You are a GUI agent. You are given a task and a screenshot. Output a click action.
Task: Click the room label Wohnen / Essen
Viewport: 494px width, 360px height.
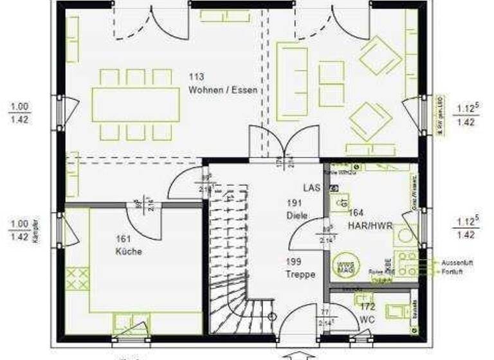223,91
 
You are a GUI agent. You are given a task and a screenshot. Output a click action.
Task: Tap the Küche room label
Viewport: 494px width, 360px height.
129,251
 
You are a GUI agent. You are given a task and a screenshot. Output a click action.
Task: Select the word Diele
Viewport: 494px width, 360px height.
297,215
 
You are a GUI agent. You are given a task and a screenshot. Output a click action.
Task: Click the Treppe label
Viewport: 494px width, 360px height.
300,274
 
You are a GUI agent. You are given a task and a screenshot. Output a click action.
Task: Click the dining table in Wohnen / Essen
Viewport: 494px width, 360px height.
136,104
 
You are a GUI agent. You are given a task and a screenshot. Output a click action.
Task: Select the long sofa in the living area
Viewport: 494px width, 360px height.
291,81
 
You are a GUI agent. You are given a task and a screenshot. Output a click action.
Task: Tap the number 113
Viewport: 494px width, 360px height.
196,77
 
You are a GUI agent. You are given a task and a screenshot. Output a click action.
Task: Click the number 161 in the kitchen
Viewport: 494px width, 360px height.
123,239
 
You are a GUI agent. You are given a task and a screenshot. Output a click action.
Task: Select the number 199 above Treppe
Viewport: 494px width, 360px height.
294,262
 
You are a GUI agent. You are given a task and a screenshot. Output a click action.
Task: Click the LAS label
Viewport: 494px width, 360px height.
312,188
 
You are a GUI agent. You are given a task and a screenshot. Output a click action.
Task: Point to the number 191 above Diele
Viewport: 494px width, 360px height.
294,203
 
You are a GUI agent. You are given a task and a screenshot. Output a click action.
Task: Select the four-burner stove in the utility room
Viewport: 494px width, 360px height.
405,263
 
